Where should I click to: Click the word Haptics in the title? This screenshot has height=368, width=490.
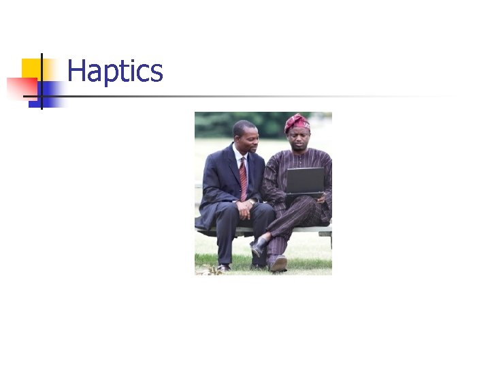tap(115, 72)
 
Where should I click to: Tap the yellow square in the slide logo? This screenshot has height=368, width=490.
tap(30, 68)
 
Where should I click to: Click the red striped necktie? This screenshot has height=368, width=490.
tap(243, 179)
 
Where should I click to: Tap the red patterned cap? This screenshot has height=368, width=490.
tap(297, 123)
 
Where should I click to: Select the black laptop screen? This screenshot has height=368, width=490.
tap(305, 181)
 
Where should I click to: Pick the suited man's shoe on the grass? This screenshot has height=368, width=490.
tap(223, 267)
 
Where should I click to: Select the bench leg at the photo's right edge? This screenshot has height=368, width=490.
tap(329, 240)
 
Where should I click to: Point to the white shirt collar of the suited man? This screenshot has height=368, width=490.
tap(238, 156)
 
